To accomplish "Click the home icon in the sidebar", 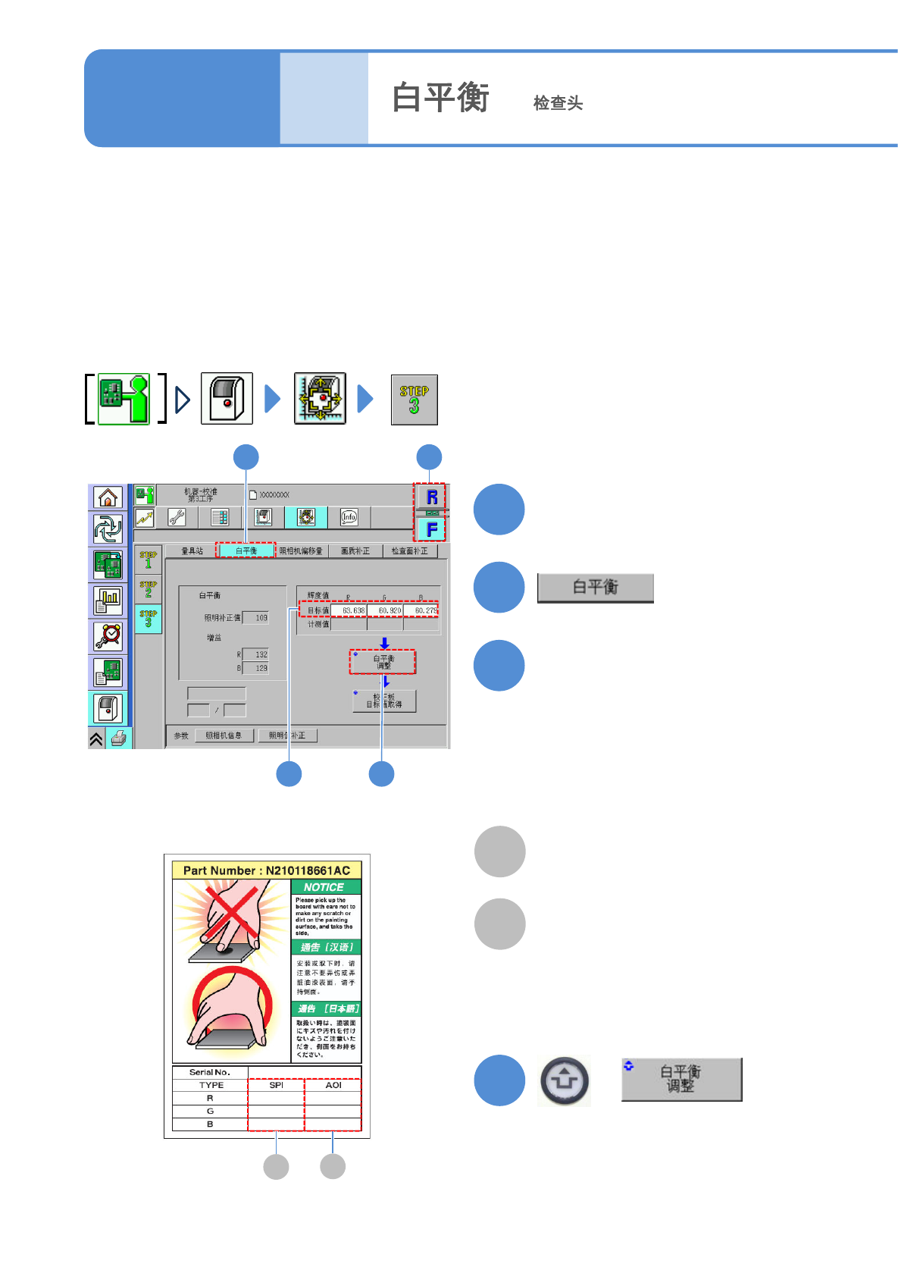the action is tap(108, 497).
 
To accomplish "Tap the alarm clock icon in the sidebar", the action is tap(108, 636).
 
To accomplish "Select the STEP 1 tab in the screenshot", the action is tap(149, 560).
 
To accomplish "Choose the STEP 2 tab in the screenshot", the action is tap(149, 588).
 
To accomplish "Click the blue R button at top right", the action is tap(431, 497).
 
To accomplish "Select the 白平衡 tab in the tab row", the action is tap(246, 550).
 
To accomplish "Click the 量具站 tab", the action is tap(192, 550).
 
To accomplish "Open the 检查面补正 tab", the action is tap(409, 550).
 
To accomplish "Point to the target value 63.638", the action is tap(349, 610).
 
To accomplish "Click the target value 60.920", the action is tap(386, 610).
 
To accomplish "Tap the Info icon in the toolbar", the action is tap(349, 517).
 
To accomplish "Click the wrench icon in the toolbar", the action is tap(177, 517).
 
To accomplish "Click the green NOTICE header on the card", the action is tap(324, 887).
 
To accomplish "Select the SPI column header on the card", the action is tap(276, 1085).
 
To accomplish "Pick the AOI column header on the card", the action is tap(333, 1085).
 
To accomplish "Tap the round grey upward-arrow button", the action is tap(565, 1080).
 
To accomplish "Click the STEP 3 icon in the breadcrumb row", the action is tap(414, 400).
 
